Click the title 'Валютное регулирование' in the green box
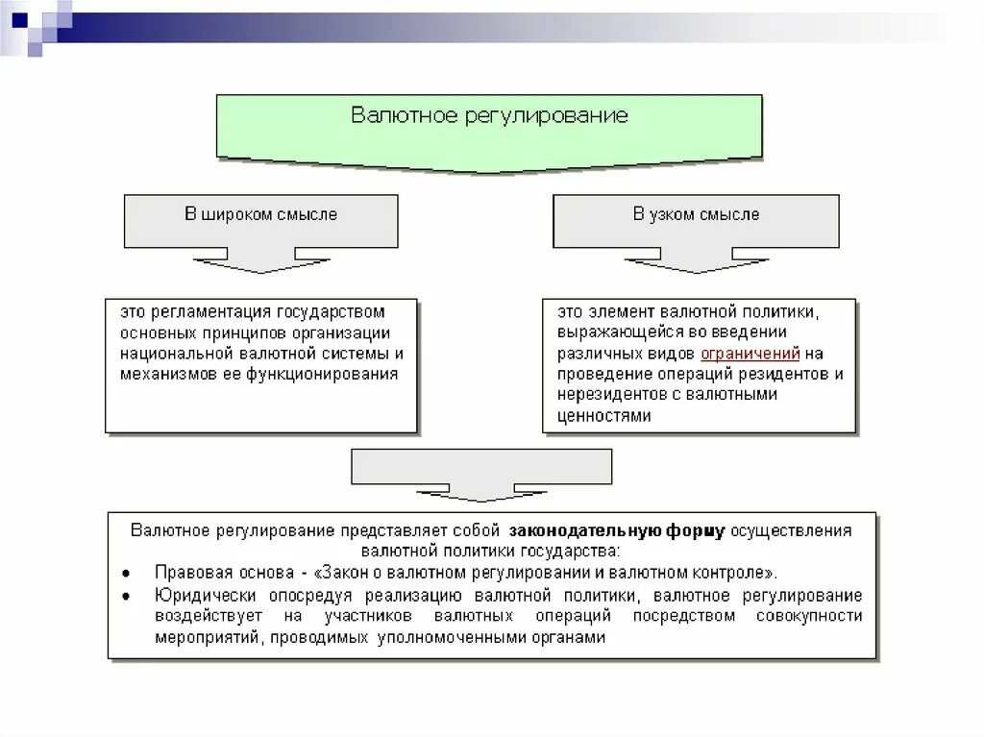(x=489, y=116)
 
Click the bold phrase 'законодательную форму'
(x=617, y=530)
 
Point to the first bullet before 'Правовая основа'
(x=127, y=572)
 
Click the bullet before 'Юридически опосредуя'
(x=127, y=595)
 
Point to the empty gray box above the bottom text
(x=481, y=467)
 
